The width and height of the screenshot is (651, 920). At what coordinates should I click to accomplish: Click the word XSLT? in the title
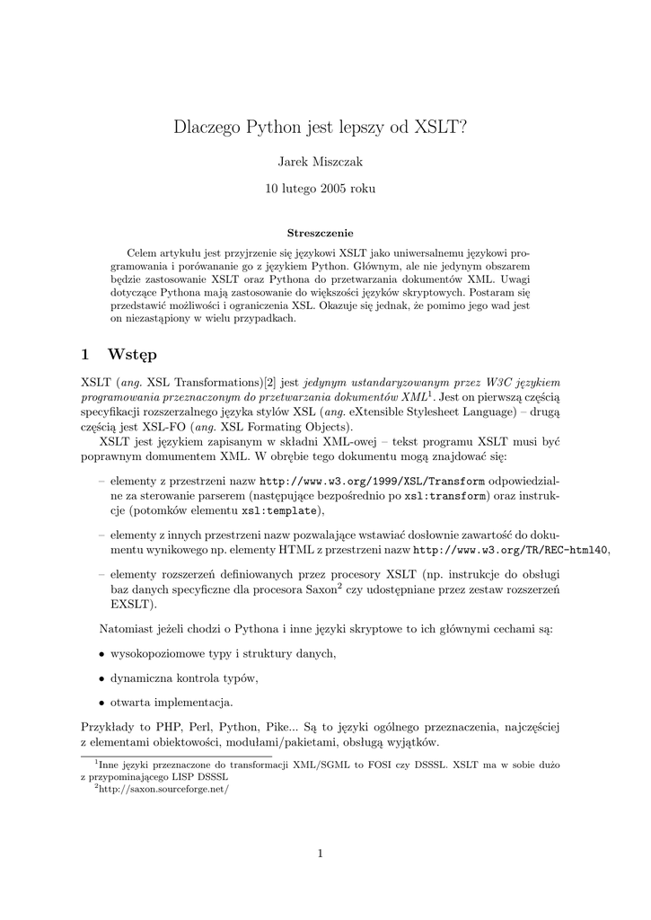pyautogui.click(x=441, y=128)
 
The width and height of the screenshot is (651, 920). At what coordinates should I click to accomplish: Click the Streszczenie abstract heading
pyautogui.click(x=321, y=234)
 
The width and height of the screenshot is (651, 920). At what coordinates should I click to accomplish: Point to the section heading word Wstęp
pyautogui.click(x=132, y=354)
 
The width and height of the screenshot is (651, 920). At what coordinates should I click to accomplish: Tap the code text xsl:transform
pyautogui.click(x=446, y=495)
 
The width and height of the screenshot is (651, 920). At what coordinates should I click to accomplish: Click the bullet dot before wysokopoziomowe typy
pyautogui.click(x=101, y=653)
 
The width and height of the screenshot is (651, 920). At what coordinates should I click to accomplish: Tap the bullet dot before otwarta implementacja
pyautogui.click(x=101, y=703)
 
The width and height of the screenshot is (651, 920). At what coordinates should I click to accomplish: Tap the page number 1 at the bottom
pyautogui.click(x=321, y=854)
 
